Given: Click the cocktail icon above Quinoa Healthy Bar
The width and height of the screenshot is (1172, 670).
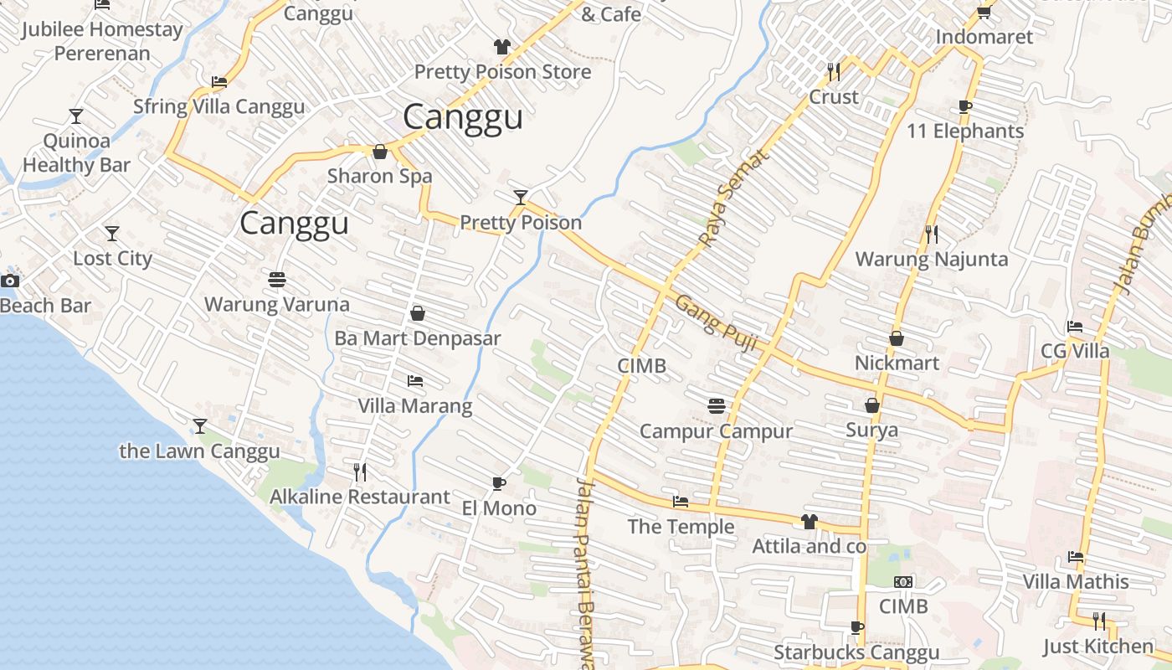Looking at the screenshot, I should tap(76, 116).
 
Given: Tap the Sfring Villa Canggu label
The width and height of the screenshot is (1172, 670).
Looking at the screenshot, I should tap(219, 106).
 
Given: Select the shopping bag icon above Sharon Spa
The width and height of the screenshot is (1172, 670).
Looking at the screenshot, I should tap(379, 152).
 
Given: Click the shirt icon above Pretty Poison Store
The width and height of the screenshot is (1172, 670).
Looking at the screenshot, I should tap(501, 47).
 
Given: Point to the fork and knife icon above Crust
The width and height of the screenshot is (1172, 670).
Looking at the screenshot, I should tap(833, 72).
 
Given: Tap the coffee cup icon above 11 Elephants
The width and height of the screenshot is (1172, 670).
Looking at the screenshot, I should tap(965, 106).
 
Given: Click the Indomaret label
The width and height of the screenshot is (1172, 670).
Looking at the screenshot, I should tap(984, 37).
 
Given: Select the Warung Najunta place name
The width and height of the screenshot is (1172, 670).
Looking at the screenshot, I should tap(931, 259).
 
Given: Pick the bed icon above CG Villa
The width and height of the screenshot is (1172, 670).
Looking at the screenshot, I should tap(1075, 327).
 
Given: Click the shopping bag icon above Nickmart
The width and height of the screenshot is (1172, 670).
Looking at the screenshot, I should tap(896, 338).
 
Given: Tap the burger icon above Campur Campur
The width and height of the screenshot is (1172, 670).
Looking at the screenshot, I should tap(716, 406).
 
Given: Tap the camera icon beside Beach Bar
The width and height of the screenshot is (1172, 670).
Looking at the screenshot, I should tap(10, 281).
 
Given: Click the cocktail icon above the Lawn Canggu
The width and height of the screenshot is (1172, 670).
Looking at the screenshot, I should tap(199, 426).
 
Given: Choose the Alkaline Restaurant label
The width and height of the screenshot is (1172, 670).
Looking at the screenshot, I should tap(359, 497).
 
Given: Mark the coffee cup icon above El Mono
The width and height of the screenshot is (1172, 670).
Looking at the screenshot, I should tap(499, 483).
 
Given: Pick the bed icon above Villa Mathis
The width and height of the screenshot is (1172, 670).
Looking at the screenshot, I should tap(1076, 557).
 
